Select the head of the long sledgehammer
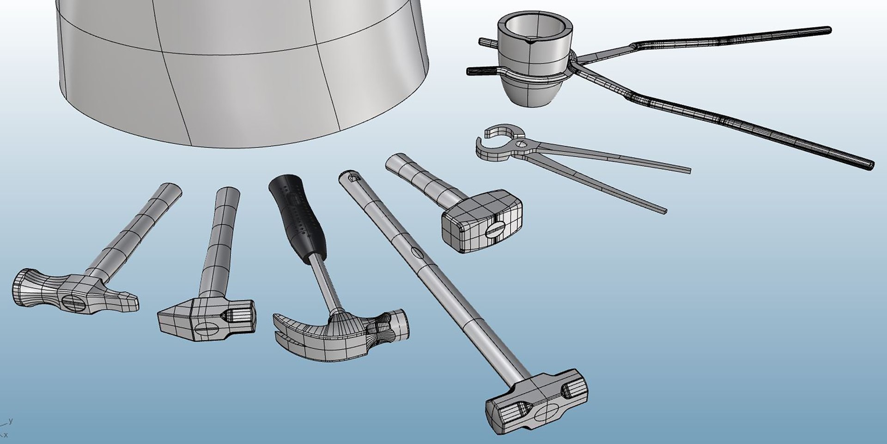pos(536,402)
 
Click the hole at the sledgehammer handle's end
pos(352,177)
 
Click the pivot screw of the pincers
pos(522,144)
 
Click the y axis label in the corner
pos(11,420)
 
